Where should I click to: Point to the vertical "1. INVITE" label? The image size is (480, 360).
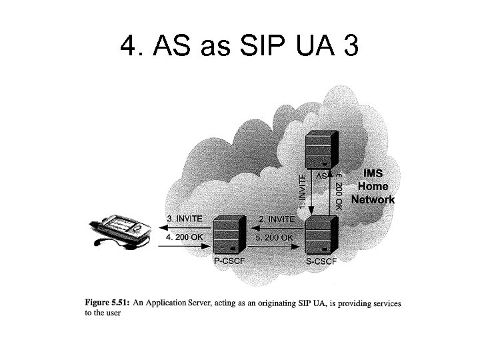(x=303, y=191)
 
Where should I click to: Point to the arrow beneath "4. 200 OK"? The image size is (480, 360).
(x=185, y=245)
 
